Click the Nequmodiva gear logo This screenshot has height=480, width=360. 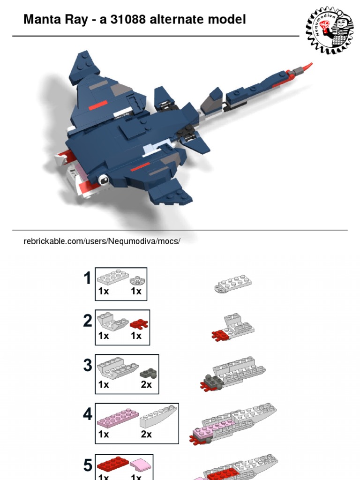pyautogui.click(x=330, y=30)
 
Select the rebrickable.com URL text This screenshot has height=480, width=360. pyautogui.click(x=102, y=241)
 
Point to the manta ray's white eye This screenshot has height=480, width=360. pyautogui.click(x=104, y=180)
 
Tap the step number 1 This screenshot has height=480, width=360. pyautogui.click(x=88, y=278)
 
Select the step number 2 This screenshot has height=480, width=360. pyautogui.click(x=88, y=321)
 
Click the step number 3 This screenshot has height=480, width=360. pyautogui.click(x=88, y=365)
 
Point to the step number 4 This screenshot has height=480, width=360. pyautogui.click(x=88, y=414)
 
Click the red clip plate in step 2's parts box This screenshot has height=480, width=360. pyautogui.click(x=139, y=324)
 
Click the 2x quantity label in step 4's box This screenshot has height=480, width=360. pyautogui.click(x=146, y=435)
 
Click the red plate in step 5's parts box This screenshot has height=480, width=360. pyautogui.click(x=113, y=464)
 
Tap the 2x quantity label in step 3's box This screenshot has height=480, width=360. pyautogui.click(x=146, y=384)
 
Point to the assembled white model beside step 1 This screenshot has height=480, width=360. pyautogui.click(x=233, y=284)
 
